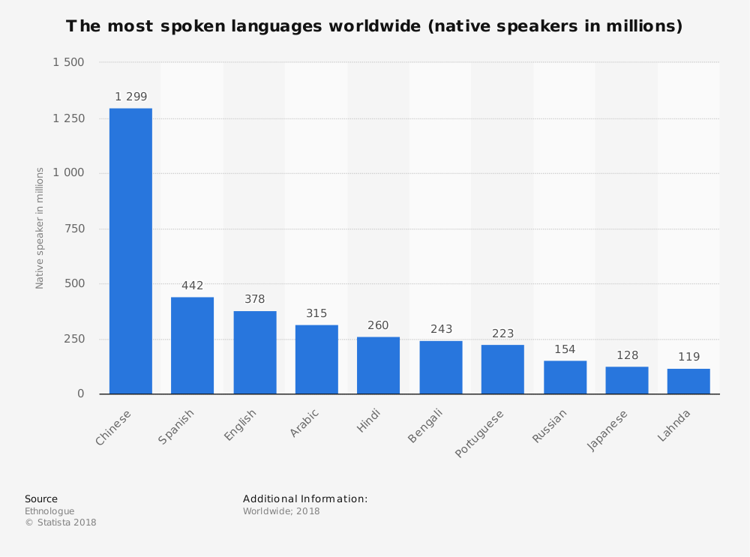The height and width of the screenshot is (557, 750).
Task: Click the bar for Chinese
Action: (130, 251)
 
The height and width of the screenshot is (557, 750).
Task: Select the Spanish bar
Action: (192, 346)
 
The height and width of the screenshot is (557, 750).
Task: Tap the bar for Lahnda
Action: (688, 381)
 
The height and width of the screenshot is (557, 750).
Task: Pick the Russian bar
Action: (565, 377)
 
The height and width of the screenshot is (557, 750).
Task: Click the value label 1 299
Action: (130, 97)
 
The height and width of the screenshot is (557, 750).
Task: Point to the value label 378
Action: (254, 299)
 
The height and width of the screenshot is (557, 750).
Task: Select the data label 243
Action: (441, 329)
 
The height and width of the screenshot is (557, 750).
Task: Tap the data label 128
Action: (627, 355)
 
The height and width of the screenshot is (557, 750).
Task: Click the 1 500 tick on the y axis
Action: (68, 62)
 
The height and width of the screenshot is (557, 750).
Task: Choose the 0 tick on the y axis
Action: (81, 394)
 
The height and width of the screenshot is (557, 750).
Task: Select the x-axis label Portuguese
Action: (479, 433)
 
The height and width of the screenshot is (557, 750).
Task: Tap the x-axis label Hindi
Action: (369, 421)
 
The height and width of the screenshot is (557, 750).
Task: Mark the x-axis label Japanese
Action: (607, 430)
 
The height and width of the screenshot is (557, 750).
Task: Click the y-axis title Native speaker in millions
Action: (40, 228)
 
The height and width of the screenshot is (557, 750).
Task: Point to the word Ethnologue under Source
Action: (49, 511)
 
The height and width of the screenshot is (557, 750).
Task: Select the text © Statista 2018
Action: (61, 523)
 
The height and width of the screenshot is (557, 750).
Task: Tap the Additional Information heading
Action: (305, 499)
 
